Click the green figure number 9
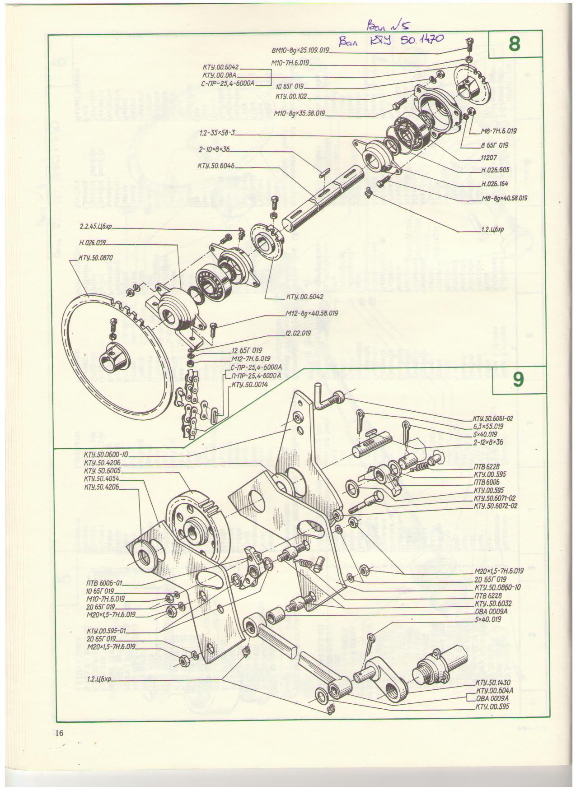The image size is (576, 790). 518,380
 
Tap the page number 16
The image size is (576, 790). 59,733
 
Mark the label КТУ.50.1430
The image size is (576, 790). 493,683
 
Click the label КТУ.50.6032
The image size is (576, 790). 494,603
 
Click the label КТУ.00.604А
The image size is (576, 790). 495,691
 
